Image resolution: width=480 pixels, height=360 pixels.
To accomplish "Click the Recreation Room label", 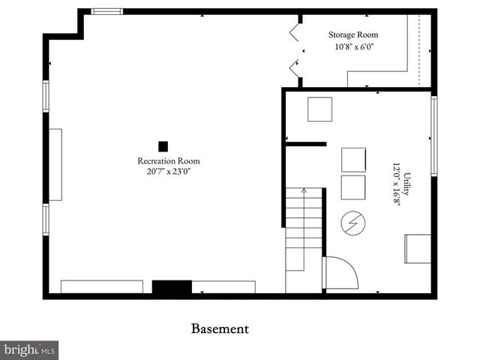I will click(168, 160).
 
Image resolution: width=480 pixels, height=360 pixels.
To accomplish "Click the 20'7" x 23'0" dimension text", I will click(168, 172).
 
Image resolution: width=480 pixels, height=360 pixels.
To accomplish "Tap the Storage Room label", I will click(353, 34).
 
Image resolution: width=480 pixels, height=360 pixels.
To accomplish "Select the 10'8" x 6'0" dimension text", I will click(353, 46).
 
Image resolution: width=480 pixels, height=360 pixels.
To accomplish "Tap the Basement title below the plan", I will click(220, 328).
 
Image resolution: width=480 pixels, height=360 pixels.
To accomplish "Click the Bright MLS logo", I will click(29, 350).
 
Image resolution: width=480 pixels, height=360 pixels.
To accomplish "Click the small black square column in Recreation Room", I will click(163, 146).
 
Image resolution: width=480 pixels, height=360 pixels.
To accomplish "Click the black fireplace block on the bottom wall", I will click(172, 287).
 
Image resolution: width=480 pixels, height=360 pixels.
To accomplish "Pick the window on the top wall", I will click(106, 11).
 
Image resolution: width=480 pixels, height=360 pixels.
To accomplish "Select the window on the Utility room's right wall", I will click(434, 136).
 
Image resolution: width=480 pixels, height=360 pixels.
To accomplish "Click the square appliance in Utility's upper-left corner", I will click(320, 109).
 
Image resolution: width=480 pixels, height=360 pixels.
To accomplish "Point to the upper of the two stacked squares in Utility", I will click(353, 160).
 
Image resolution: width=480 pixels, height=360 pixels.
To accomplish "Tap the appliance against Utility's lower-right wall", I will click(418, 249).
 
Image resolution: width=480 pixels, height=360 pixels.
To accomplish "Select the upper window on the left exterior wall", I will click(46, 96).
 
